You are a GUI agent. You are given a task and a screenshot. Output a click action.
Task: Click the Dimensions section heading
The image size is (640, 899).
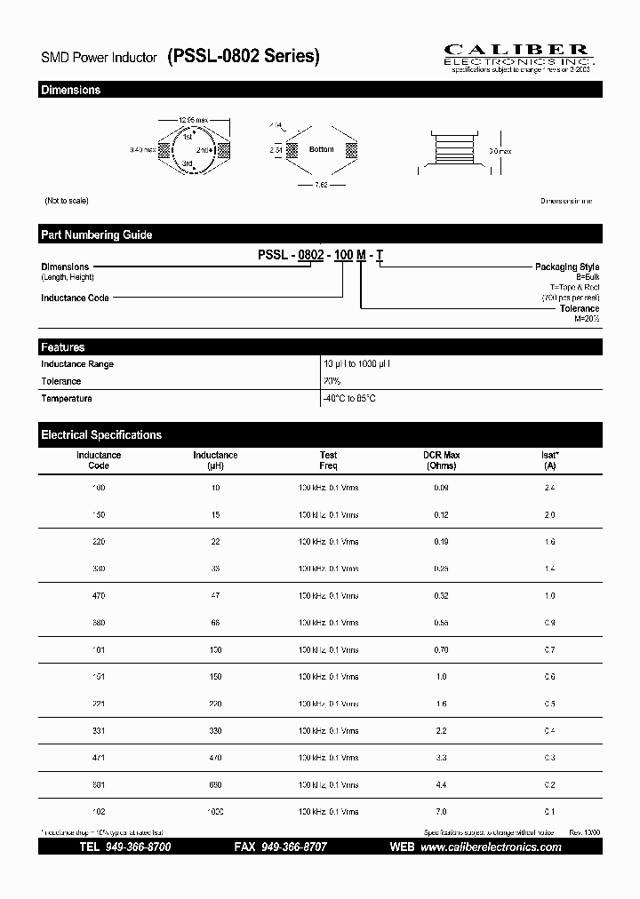[x=71, y=91]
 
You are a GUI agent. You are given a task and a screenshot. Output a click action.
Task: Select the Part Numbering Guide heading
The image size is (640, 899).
[x=96, y=235]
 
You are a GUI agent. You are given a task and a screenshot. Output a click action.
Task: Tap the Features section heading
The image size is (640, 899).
[x=63, y=347]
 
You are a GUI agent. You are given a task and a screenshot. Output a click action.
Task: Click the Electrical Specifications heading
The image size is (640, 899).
[x=101, y=435]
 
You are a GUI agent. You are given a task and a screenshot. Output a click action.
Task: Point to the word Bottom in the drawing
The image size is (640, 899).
[x=321, y=149]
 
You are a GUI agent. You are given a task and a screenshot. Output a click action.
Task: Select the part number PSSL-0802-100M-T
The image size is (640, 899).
[x=321, y=255]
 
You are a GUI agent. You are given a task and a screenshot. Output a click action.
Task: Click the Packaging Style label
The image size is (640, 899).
[x=566, y=267]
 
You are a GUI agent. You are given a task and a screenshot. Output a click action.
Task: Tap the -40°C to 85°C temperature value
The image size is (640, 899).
[x=349, y=399]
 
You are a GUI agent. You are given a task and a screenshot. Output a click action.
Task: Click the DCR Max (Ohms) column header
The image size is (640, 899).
[x=441, y=460]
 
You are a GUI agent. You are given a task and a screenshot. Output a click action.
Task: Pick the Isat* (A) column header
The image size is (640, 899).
[x=549, y=460]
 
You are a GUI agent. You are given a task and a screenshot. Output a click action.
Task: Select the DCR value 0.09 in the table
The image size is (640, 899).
[x=441, y=489]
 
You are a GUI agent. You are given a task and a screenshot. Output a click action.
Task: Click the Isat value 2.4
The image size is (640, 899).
[x=549, y=489]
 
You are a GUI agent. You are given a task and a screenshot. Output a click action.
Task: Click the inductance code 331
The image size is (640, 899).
[x=99, y=731]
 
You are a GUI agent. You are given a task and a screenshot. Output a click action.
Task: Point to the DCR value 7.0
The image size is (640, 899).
[x=441, y=812]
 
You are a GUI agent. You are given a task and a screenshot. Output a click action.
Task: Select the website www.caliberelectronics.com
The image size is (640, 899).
[x=490, y=847]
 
